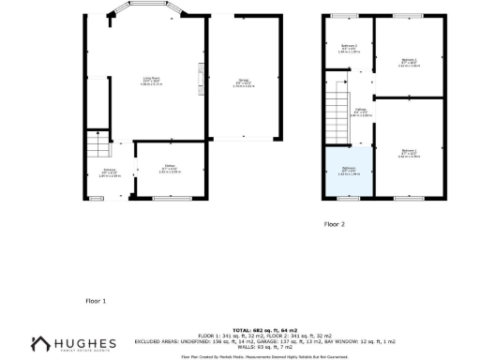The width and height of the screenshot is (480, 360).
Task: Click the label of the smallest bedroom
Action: point(348,49)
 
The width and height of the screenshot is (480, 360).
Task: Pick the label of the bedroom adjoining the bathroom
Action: point(407,152)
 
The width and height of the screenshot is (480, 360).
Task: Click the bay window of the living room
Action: point(148,13)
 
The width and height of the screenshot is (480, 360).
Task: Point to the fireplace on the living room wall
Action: point(200,78)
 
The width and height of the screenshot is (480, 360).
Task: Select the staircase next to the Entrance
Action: point(95,145)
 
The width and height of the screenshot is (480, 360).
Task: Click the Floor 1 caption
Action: point(96,301)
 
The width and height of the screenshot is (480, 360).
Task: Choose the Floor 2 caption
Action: point(335,225)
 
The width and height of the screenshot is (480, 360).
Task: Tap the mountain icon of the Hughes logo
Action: point(40,345)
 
